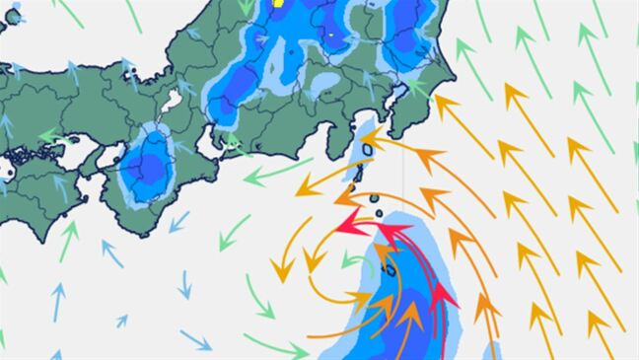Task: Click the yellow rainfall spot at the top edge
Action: [278, 3]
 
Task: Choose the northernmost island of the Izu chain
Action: [367, 151]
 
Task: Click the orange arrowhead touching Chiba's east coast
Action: [440, 99]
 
